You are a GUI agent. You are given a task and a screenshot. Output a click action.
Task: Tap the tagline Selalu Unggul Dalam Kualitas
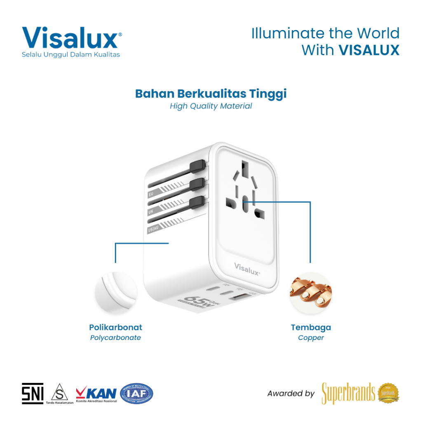tap(71, 54)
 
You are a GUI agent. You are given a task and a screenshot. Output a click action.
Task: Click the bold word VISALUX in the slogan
tap(369, 50)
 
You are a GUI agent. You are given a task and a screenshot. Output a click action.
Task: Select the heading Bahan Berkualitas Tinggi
tap(211, 94)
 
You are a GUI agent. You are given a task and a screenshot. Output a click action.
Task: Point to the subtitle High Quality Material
tap(211, 106)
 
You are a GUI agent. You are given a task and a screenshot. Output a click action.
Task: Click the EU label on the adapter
tap(151, 193)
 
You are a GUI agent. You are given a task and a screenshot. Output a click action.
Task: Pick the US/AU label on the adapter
tap(153, 229)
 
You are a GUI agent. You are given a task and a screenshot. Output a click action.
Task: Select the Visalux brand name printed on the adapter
tap(247, 268)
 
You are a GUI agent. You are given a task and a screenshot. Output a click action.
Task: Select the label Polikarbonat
tap(115, 328)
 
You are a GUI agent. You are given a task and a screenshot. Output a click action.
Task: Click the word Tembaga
tap(311, 328)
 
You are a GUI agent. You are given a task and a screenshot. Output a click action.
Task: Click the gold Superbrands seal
tap(389, 393)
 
